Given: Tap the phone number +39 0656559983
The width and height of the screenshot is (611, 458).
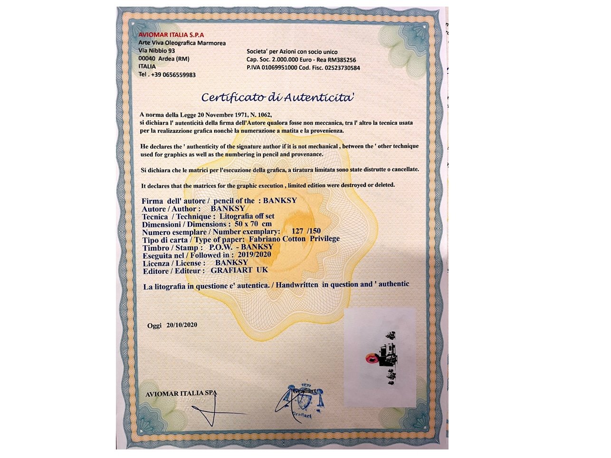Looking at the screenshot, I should pyautogui.click(x=173, y=75).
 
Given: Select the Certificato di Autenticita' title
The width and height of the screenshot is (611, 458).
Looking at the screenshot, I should pyautogui.click(x=278, y=97).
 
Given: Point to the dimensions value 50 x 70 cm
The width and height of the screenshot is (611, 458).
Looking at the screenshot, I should pyautogui.click(x=253, y=224).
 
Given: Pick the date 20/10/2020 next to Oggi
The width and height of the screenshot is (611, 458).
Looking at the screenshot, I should pyautogui.click(x=181, y=325).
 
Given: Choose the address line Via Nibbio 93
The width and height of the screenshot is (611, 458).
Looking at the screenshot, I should pyautogui.click(x=156, y=51).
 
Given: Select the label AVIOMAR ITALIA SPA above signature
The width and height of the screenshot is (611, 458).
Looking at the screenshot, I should pyautogui.click(x=181, y=393).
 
